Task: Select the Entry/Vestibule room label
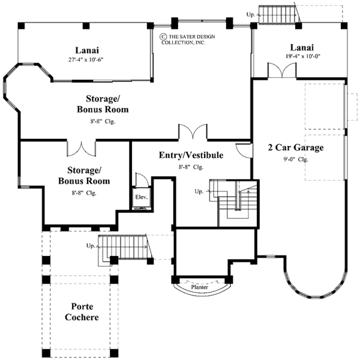191,156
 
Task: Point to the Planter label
200,288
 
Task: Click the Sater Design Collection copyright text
184,40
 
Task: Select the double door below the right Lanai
281,70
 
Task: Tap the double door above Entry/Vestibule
193,131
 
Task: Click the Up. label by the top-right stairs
251,13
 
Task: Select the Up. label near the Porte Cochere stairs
91,246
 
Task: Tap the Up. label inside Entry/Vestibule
199,191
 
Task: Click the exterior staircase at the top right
278,12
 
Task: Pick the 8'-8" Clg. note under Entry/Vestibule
191,167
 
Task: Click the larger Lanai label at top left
88,50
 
